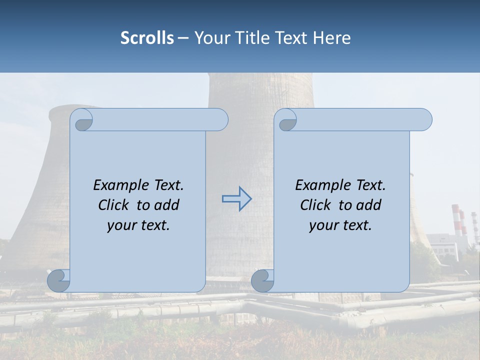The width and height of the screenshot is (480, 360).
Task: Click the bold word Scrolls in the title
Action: click(x=147, y=38)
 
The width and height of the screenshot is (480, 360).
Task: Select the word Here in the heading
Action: click(x=332, y=38)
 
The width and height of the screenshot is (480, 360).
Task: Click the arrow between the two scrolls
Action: click(x=236, y=199)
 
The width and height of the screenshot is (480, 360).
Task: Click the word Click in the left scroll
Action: click(x=115, y=205)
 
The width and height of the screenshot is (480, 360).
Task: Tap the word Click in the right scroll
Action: click(x=317, y=205)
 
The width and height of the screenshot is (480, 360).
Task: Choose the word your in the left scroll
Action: click(x=121, y=225)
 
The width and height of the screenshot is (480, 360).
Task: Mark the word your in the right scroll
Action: click(x=323, y=225)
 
